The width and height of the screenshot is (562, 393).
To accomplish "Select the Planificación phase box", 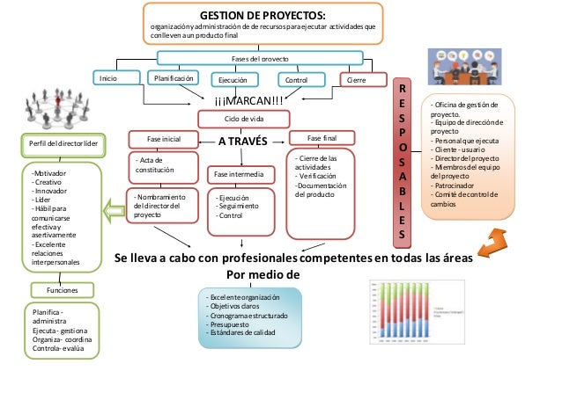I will coord(174,78).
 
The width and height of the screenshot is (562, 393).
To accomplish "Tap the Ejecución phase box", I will coord(227,80).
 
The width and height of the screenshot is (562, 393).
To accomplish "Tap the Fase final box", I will coord(322,139).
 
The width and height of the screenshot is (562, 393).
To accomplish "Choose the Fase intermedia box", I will coord(240,175).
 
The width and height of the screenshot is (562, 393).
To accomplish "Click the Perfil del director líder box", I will coord(57,143).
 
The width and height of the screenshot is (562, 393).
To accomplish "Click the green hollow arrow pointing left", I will coord(113,211).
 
